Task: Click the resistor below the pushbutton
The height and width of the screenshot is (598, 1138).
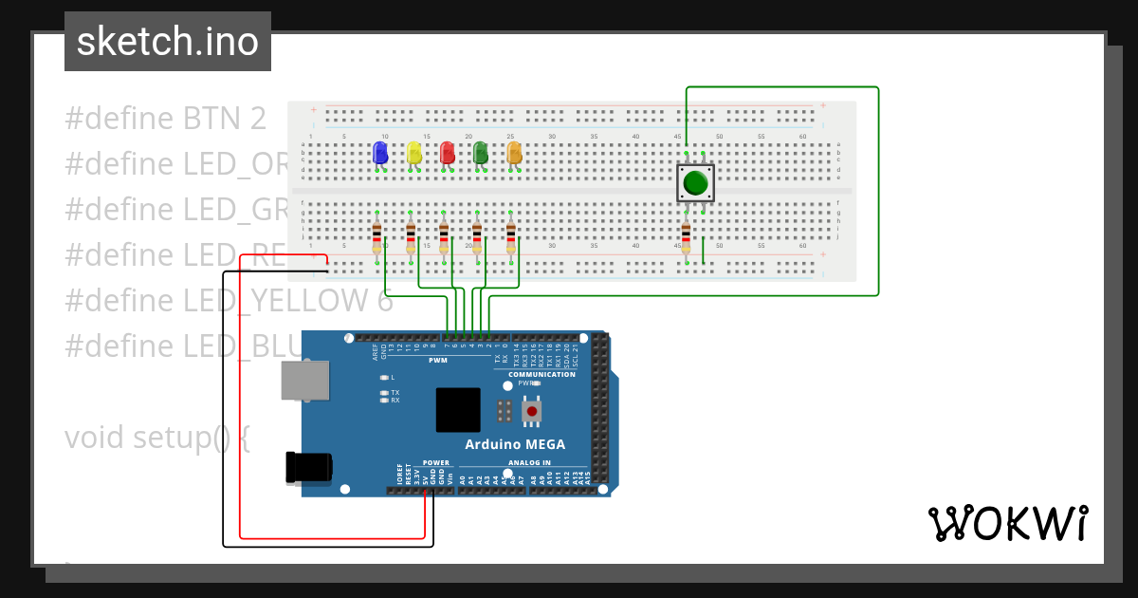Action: [686, 234]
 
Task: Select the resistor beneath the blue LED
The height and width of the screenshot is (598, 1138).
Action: [376, 234]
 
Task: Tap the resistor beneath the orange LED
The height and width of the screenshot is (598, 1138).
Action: [510, 234]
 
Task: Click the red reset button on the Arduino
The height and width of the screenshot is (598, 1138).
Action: [532, 411]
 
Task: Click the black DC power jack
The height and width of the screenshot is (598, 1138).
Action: [309, 466]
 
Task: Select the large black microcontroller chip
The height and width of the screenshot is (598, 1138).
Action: [458, 410]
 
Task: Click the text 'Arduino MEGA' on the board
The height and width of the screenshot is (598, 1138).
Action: [514, 444]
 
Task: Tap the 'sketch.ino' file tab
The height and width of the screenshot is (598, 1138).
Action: [168, 42]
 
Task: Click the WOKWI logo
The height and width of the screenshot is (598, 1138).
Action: [1007, 523]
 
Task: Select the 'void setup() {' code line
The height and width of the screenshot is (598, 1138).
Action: [157, 438]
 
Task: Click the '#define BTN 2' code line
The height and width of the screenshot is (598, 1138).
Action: [165, 119]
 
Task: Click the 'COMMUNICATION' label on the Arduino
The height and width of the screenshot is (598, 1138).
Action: [541, 374]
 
